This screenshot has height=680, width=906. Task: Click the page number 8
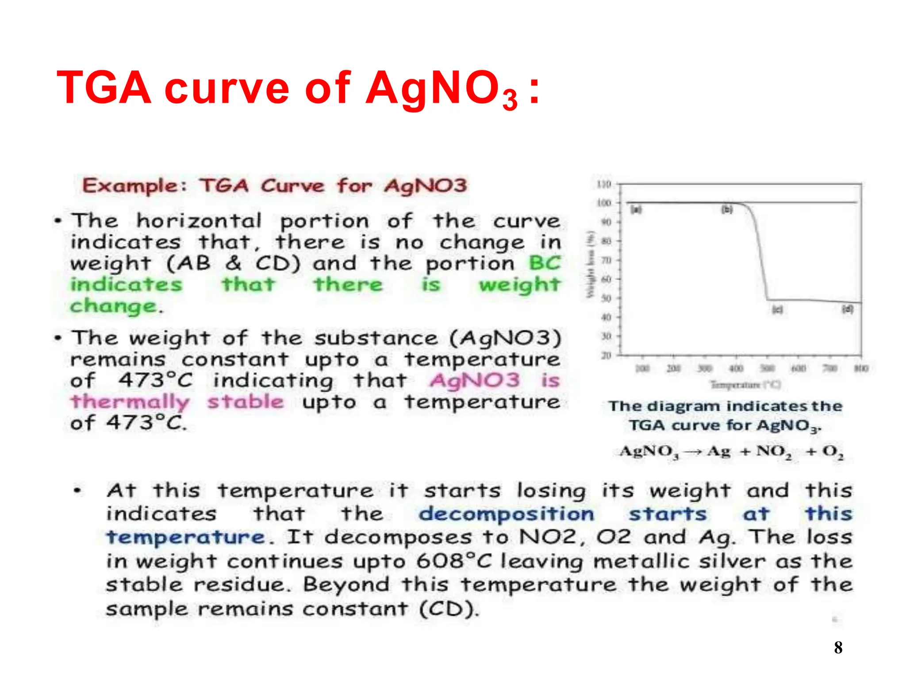click(838, 648)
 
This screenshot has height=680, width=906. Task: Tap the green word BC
click(545, 263)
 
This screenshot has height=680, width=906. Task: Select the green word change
click(114, 306)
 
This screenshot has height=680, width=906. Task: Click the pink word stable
click(246, 402)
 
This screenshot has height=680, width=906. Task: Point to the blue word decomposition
click(506, 514)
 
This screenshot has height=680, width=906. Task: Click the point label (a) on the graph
click(636, 209)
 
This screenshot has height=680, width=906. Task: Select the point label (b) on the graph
click(727, 209)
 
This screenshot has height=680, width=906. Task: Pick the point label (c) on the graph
click(777, 309)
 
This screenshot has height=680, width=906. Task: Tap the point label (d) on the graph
click(847, 309)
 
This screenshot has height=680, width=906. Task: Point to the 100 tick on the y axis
click(604, 203)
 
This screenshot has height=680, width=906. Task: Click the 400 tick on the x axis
click(736, 368)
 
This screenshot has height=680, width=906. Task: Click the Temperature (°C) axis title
click(745, 385)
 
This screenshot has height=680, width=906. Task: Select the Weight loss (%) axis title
click(590, 265)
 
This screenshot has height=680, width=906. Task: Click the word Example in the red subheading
click(131, 186)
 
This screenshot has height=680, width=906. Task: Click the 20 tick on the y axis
click(606, 355)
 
